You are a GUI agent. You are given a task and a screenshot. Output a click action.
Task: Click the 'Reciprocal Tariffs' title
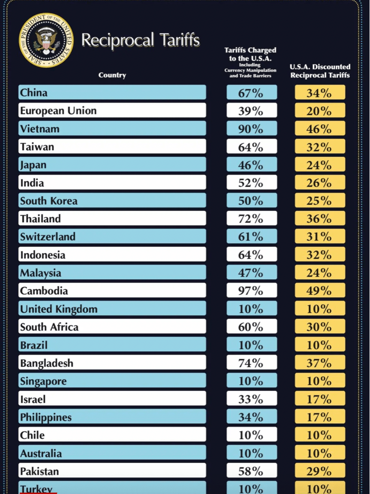[140, 40]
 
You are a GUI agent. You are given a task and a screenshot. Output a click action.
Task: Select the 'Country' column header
[112, 75]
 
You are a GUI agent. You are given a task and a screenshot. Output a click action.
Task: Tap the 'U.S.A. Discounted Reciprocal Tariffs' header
[320, 71]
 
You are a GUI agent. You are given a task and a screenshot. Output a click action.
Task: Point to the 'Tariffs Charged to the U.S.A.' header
[250, 62]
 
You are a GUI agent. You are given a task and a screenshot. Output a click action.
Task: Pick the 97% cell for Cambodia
[251, 291]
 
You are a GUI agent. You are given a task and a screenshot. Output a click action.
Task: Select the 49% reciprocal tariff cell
[320, 291]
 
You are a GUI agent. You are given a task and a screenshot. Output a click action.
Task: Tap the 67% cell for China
[251, 93]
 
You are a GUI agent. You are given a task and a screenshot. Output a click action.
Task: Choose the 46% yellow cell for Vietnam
[320, 129]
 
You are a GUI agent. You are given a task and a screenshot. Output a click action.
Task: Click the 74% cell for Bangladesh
[251, 363]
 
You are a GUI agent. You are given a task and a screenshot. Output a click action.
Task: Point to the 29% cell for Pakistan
[320, 471]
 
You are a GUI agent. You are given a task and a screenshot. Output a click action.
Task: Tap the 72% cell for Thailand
[251, 219]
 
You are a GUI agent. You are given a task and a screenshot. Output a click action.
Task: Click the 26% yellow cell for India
[320, 183]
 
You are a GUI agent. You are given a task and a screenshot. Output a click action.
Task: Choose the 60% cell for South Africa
[251, 327]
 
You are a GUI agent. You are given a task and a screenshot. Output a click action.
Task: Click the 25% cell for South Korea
[320, 201]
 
